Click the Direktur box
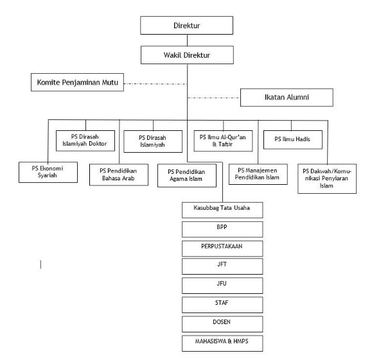186,26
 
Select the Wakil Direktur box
187,55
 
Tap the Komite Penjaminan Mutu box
77,82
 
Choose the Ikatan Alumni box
287,98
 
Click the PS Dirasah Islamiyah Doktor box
85,141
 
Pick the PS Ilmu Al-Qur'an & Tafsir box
223,141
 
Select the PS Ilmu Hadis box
293,140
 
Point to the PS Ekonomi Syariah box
48,172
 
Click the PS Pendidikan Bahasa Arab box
119,175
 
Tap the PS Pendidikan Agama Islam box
187,176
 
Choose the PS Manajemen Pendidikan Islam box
258,174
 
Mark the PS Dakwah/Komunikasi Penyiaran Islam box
327,178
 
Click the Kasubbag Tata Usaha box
222,210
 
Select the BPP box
222,230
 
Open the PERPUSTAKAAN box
222,248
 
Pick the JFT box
222,266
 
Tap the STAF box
222,305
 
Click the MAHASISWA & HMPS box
222,343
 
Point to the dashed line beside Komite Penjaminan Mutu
155,83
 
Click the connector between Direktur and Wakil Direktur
187,40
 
